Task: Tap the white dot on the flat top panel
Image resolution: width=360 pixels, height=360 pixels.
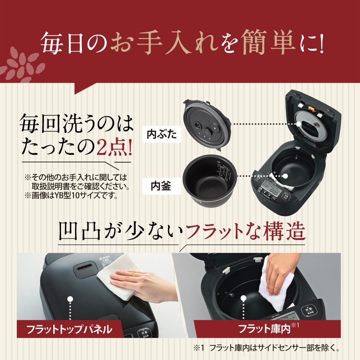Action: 70,299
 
